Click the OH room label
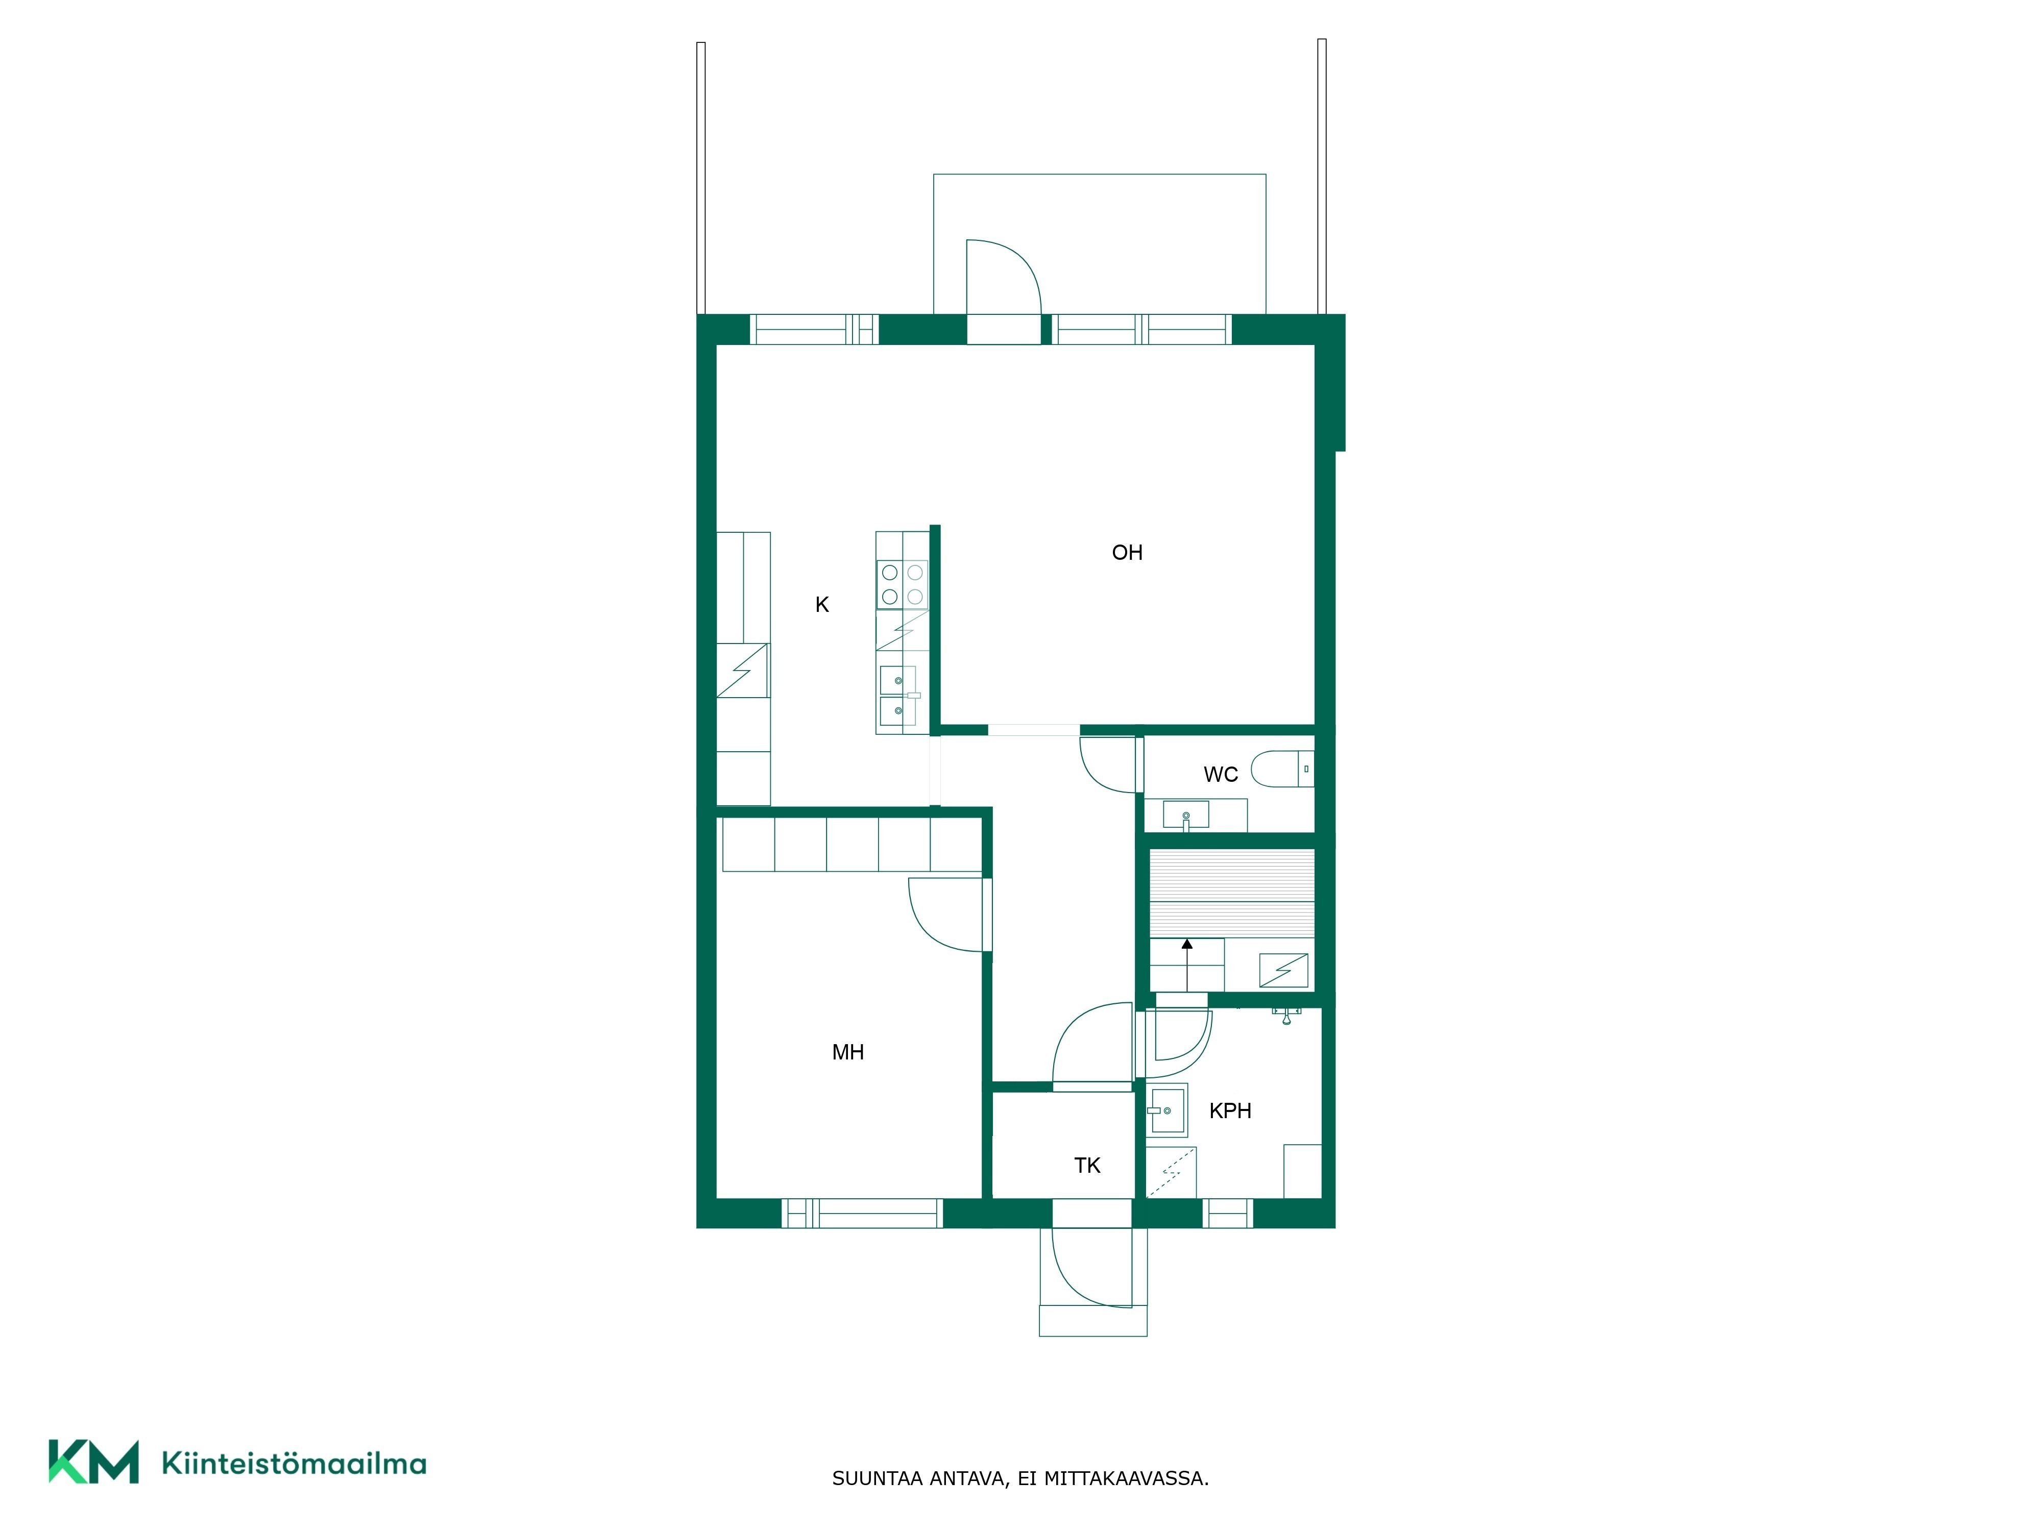(x=1127, y=553)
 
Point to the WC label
(x=1221, y=774)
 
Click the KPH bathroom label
(x=1230, y=1111)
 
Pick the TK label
(x=1087, y=1166)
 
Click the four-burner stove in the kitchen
(x=902, y=585)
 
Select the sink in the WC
(x=1185, y=816)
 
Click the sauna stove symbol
(x=1284, y=970)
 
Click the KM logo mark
(x=93, y=1461)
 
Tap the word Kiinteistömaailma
(x=294, y=1463)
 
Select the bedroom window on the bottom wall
(x=862, y=1214)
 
